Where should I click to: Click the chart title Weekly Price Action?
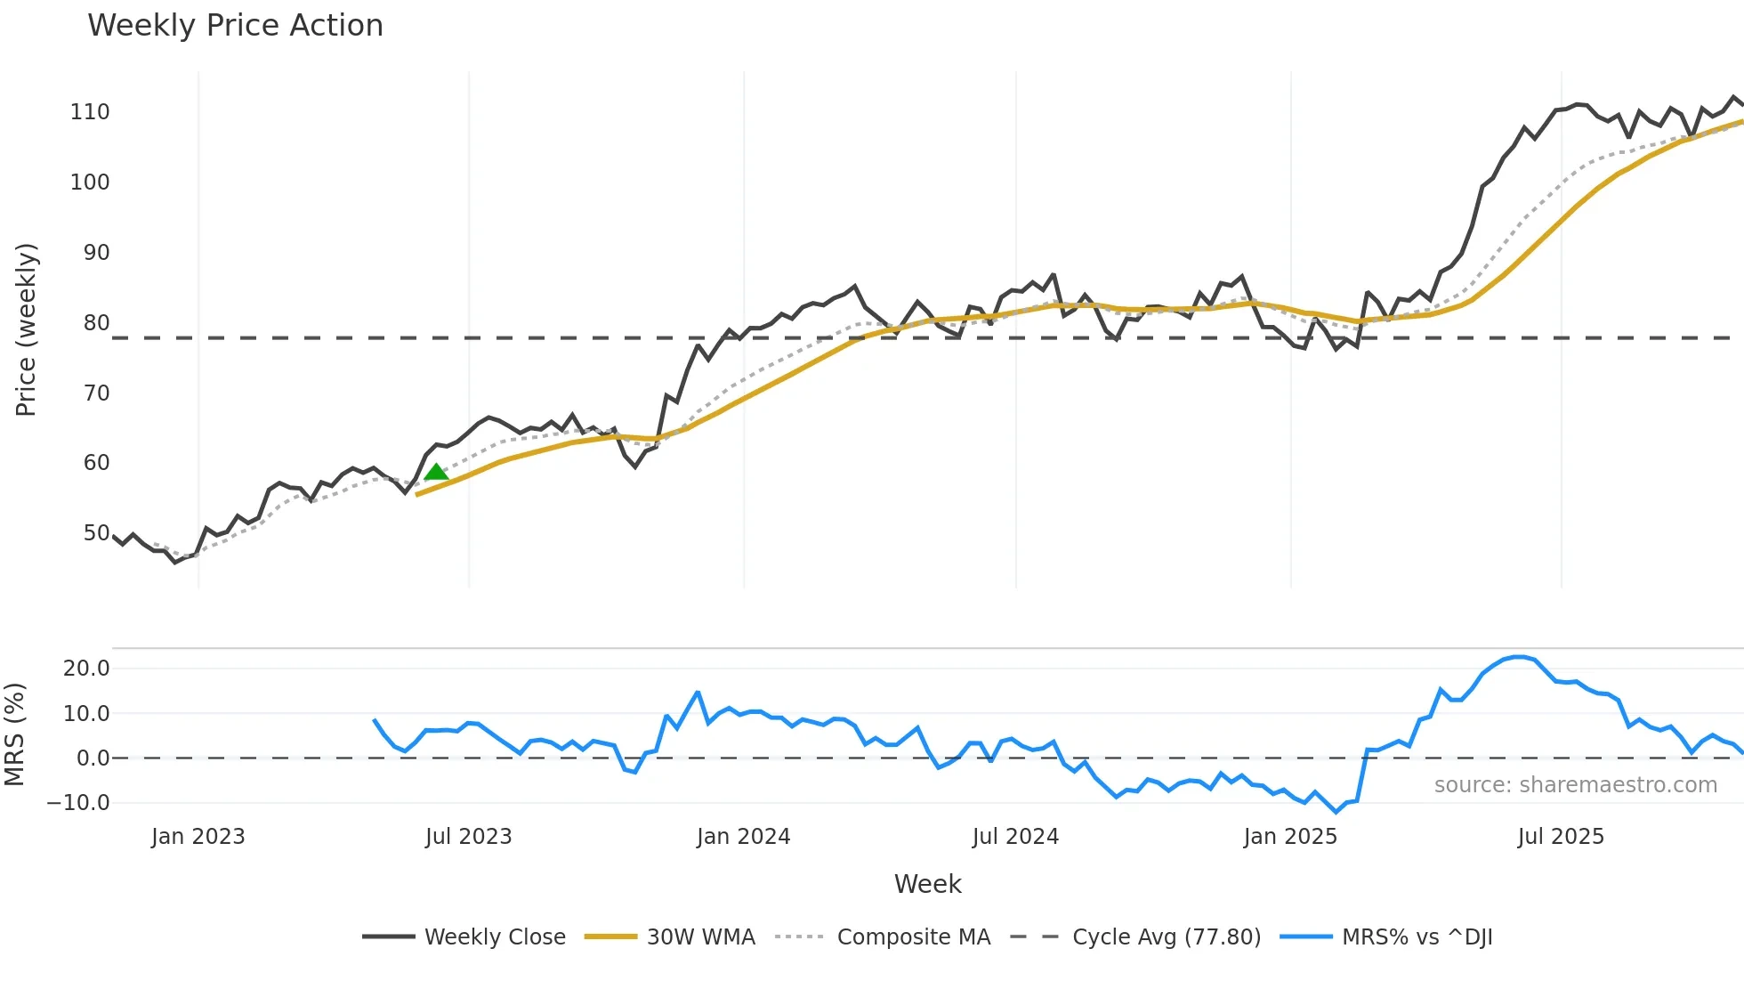(x=235, y=26)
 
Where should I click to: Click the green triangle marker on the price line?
(x=436, y=472)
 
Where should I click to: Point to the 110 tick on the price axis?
(x=90, y=112)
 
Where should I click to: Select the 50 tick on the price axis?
(x=96, y=533)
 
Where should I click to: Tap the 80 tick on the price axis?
(x=96, y=323)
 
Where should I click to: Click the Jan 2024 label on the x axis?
(x=743, y=837)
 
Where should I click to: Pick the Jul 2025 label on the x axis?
(x=1561, y=837)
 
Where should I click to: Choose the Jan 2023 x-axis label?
(x=198, y=837)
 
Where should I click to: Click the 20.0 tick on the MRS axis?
(x=86, y=669)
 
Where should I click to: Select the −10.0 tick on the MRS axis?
(x=78, y=803)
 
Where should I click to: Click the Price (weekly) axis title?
(x=26, y=329)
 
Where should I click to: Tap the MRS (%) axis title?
(x=14, y=734)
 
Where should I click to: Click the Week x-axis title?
(x=927, y=884)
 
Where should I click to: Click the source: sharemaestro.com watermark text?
(x=1575, y=785)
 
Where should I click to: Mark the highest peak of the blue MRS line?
(x=1519, y=657)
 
